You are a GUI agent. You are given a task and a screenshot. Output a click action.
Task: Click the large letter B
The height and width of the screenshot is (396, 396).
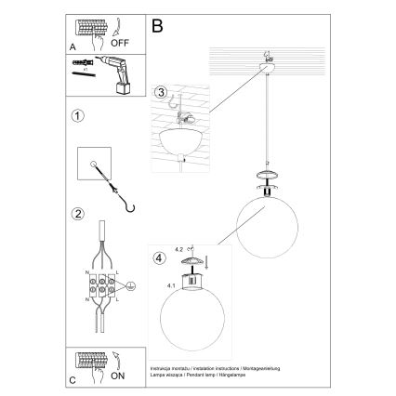[157, 27]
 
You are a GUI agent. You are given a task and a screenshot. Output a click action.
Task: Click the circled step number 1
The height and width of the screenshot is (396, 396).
[77, 117]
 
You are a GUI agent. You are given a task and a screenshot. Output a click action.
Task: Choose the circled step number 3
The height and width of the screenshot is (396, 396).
[160, 92]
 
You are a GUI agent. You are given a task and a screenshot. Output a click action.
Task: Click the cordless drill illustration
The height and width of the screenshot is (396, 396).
[112, 72]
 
